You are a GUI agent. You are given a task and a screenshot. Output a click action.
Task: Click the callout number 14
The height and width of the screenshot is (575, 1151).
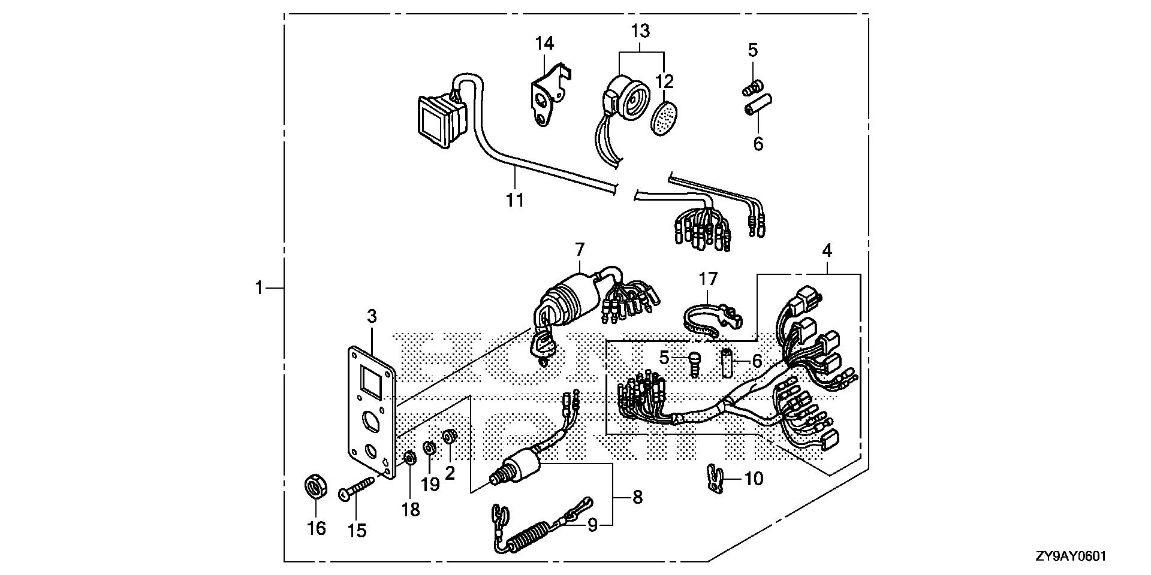click(x=545, y=43)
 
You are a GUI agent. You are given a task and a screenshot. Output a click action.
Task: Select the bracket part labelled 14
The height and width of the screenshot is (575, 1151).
click(x=547, y=96)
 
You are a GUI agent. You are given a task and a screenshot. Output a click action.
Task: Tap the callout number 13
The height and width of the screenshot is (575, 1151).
click(x=640, y=30)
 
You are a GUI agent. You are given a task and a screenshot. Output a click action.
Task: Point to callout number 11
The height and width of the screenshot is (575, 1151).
click(x=515, y=199)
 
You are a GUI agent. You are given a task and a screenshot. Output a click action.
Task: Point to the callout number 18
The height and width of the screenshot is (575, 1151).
click(x=411, y=509)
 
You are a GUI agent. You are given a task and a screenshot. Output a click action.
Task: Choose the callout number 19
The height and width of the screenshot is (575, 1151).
click(x=430, y=484)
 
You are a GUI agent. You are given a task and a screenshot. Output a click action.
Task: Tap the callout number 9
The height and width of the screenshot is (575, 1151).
click(x=592, y=525)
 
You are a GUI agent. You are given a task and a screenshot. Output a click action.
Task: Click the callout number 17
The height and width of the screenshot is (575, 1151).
click(x=708, y=279)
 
